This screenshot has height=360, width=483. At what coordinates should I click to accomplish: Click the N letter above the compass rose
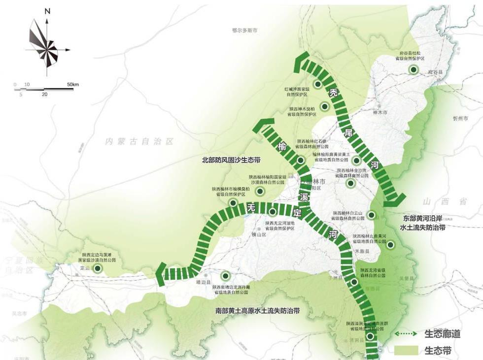pos(47,11)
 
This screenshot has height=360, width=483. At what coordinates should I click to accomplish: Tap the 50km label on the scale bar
pos(72,85)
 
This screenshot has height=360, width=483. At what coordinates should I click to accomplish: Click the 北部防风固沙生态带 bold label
pos(231,160)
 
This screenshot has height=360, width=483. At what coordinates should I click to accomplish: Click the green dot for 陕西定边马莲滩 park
pos(98,268)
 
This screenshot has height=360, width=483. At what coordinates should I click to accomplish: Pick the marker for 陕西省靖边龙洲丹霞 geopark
pos(226,276)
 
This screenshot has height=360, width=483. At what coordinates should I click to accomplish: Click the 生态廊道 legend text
pos(442,334)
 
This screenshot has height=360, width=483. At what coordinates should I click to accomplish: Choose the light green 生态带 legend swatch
pos(408,351)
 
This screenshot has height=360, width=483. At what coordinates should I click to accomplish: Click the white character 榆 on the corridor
pos(282,146)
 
